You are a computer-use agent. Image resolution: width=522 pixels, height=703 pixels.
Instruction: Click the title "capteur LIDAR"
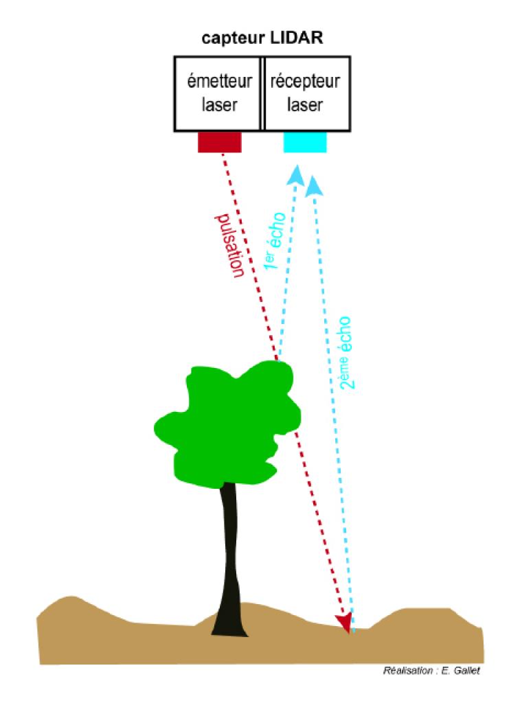(x=262, y=38)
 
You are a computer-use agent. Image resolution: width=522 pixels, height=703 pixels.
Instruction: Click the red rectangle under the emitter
(x=220, y=142)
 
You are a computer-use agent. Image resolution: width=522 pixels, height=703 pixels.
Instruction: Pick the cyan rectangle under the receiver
(x=305, y=142)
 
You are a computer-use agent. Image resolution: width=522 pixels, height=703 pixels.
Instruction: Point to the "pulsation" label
(x=231, y=246)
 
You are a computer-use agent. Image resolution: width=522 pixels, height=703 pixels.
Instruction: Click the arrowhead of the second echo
(x=314, y=184)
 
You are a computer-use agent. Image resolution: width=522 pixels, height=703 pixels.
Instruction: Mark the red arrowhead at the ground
(x=344, y=622)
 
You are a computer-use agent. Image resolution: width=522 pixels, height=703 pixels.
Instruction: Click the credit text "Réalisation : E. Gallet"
(x=431, y=671)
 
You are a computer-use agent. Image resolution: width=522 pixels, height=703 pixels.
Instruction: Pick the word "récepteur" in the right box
(x=305, y=82)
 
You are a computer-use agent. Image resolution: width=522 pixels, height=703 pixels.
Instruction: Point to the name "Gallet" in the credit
(x=466, y=671)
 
